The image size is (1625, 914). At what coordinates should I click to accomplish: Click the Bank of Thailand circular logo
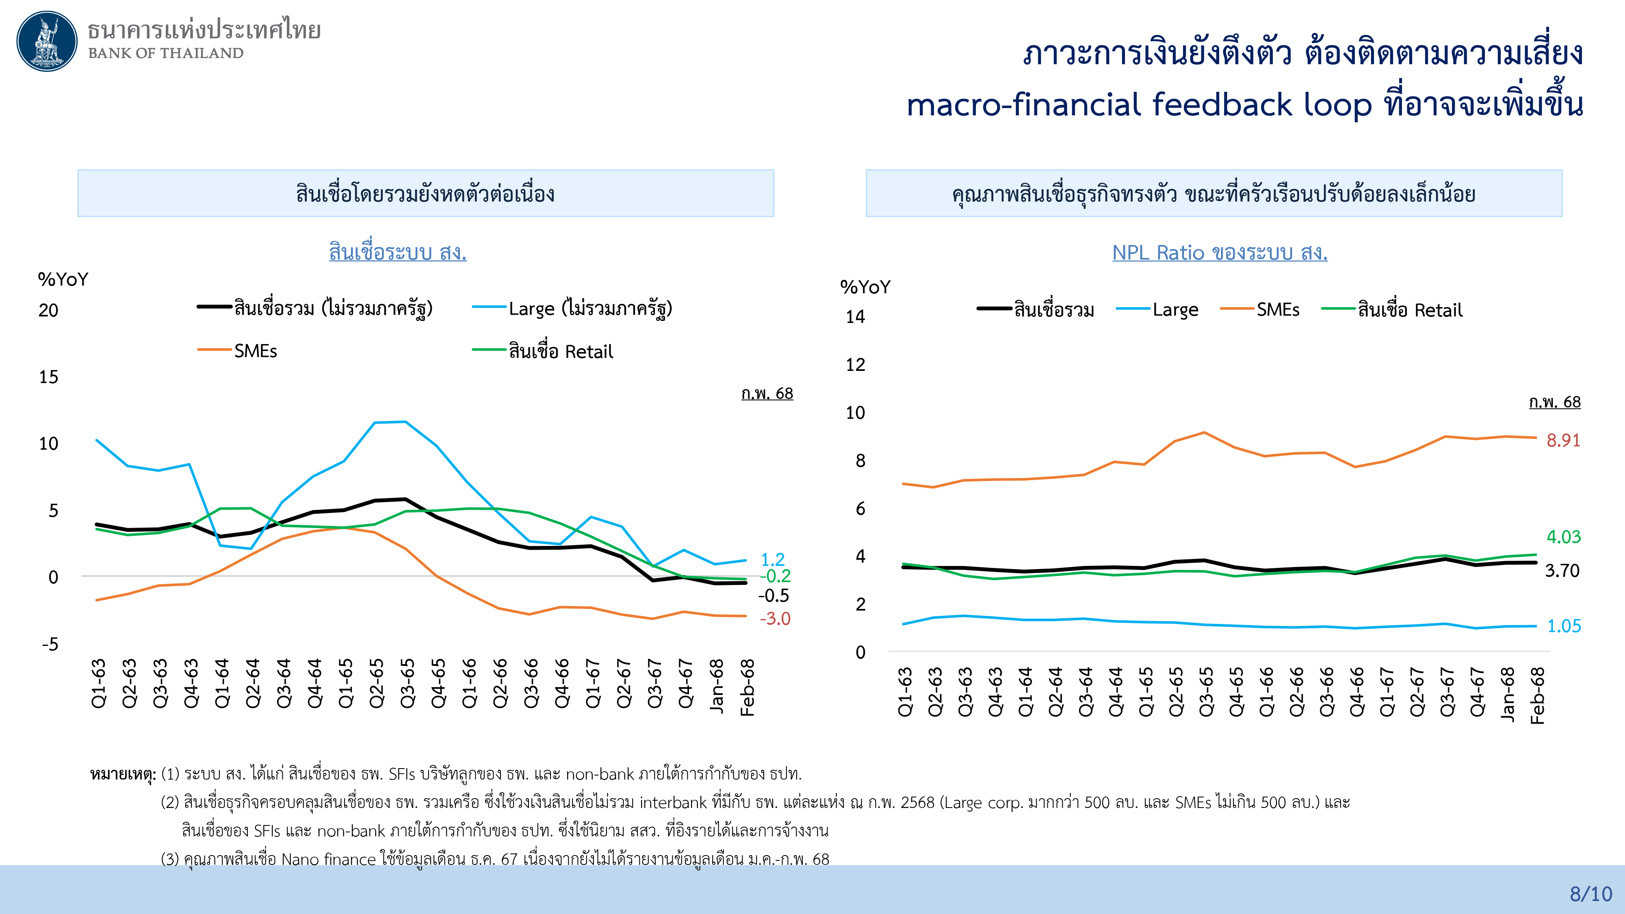coord(47,41)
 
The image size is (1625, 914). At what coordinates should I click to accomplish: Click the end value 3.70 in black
coord(1562,571)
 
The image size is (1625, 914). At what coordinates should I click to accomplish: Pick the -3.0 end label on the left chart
coord(775,619)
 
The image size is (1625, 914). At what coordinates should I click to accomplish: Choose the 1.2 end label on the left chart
coord(773,559)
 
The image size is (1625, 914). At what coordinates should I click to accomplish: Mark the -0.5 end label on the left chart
coord(773,596)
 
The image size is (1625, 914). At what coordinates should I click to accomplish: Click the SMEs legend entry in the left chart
coord(255,351)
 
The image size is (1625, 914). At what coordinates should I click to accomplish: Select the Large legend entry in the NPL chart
coord(1174,310)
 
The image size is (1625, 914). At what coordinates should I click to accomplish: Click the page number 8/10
coord(1590,894)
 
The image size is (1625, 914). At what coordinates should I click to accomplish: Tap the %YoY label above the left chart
coord(63,279)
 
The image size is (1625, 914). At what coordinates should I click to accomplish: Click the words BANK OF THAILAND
coord(165,53)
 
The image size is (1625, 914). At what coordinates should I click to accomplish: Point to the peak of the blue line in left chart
coord(405,421)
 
